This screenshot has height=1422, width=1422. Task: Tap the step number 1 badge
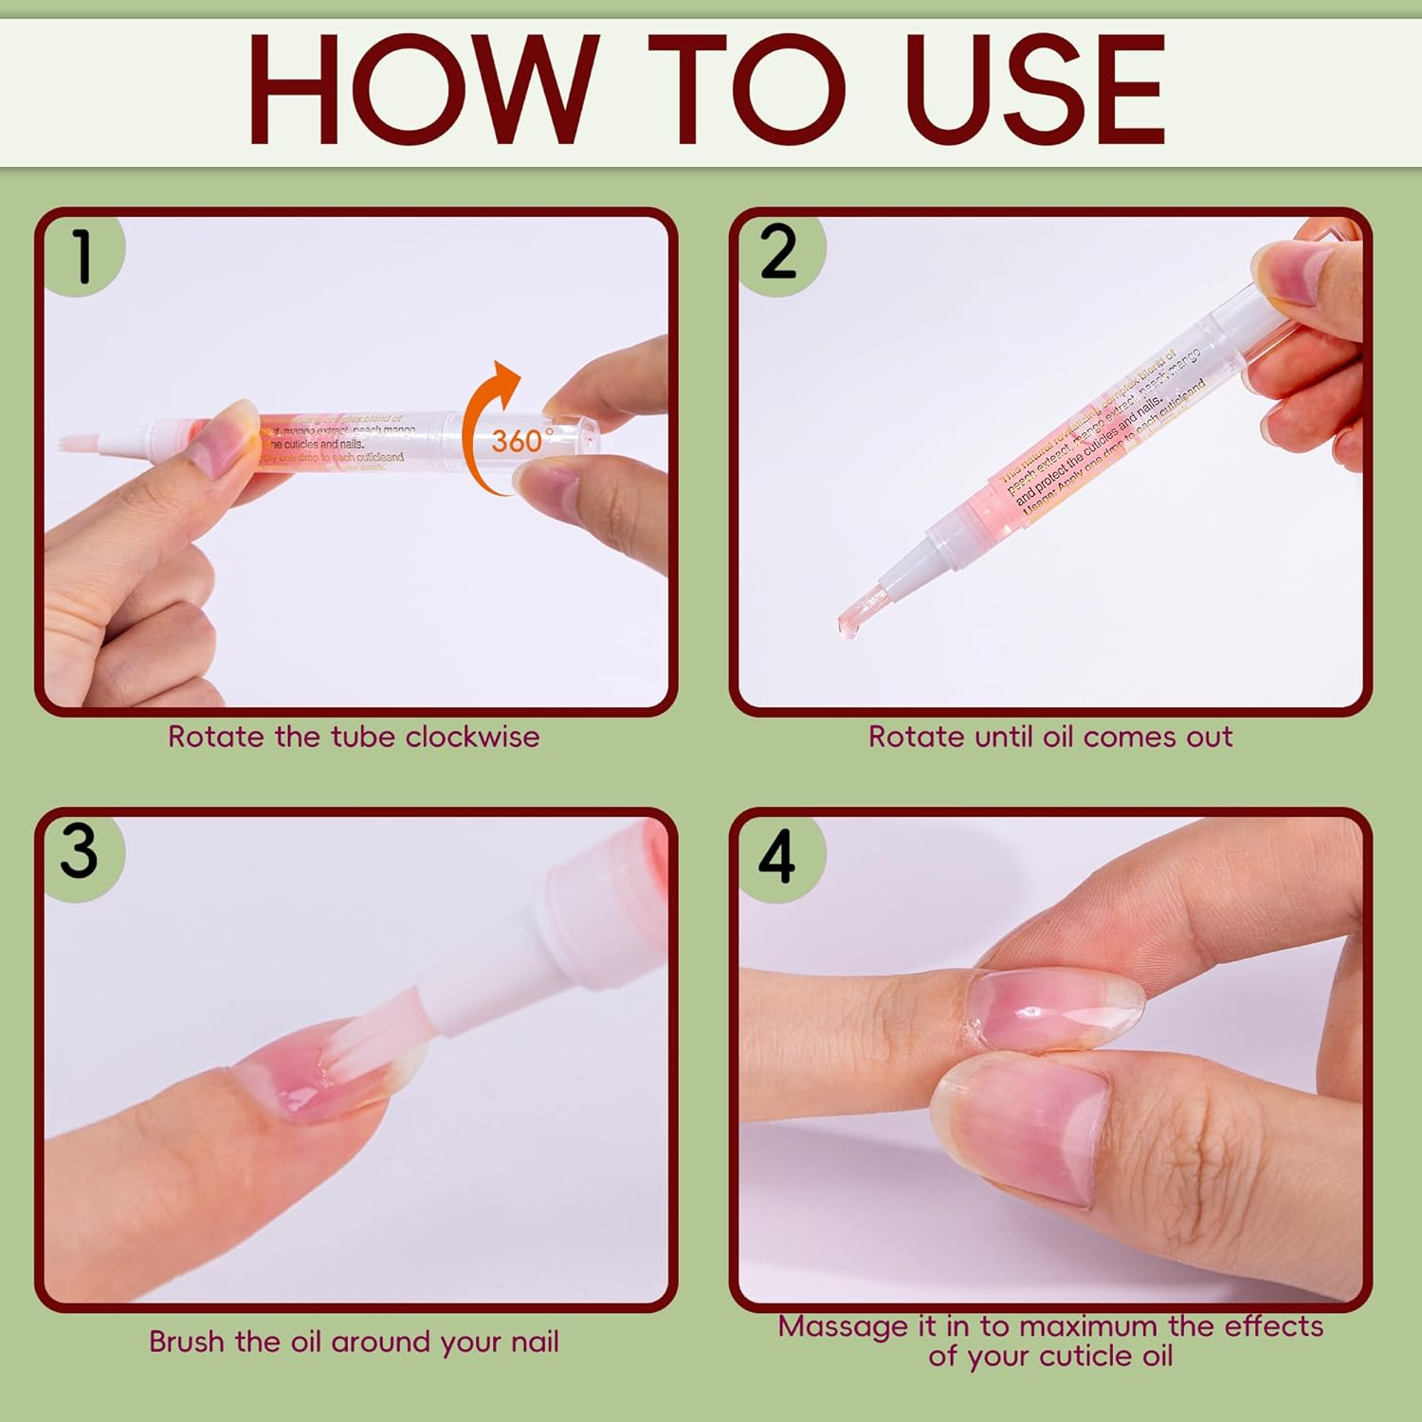(x=83, y=256)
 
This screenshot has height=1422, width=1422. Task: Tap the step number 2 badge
(x=779, y=253)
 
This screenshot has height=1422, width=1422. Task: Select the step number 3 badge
(x=80, y=851)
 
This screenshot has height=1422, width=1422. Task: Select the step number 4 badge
(x=777, y=857)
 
